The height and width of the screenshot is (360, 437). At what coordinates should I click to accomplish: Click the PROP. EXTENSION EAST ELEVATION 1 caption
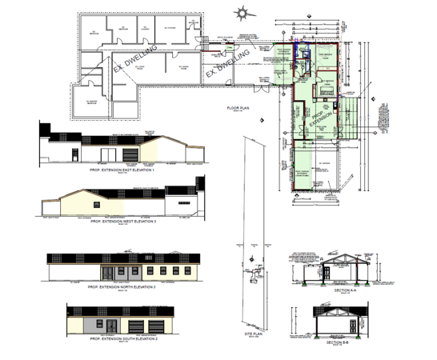click(121, 170)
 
